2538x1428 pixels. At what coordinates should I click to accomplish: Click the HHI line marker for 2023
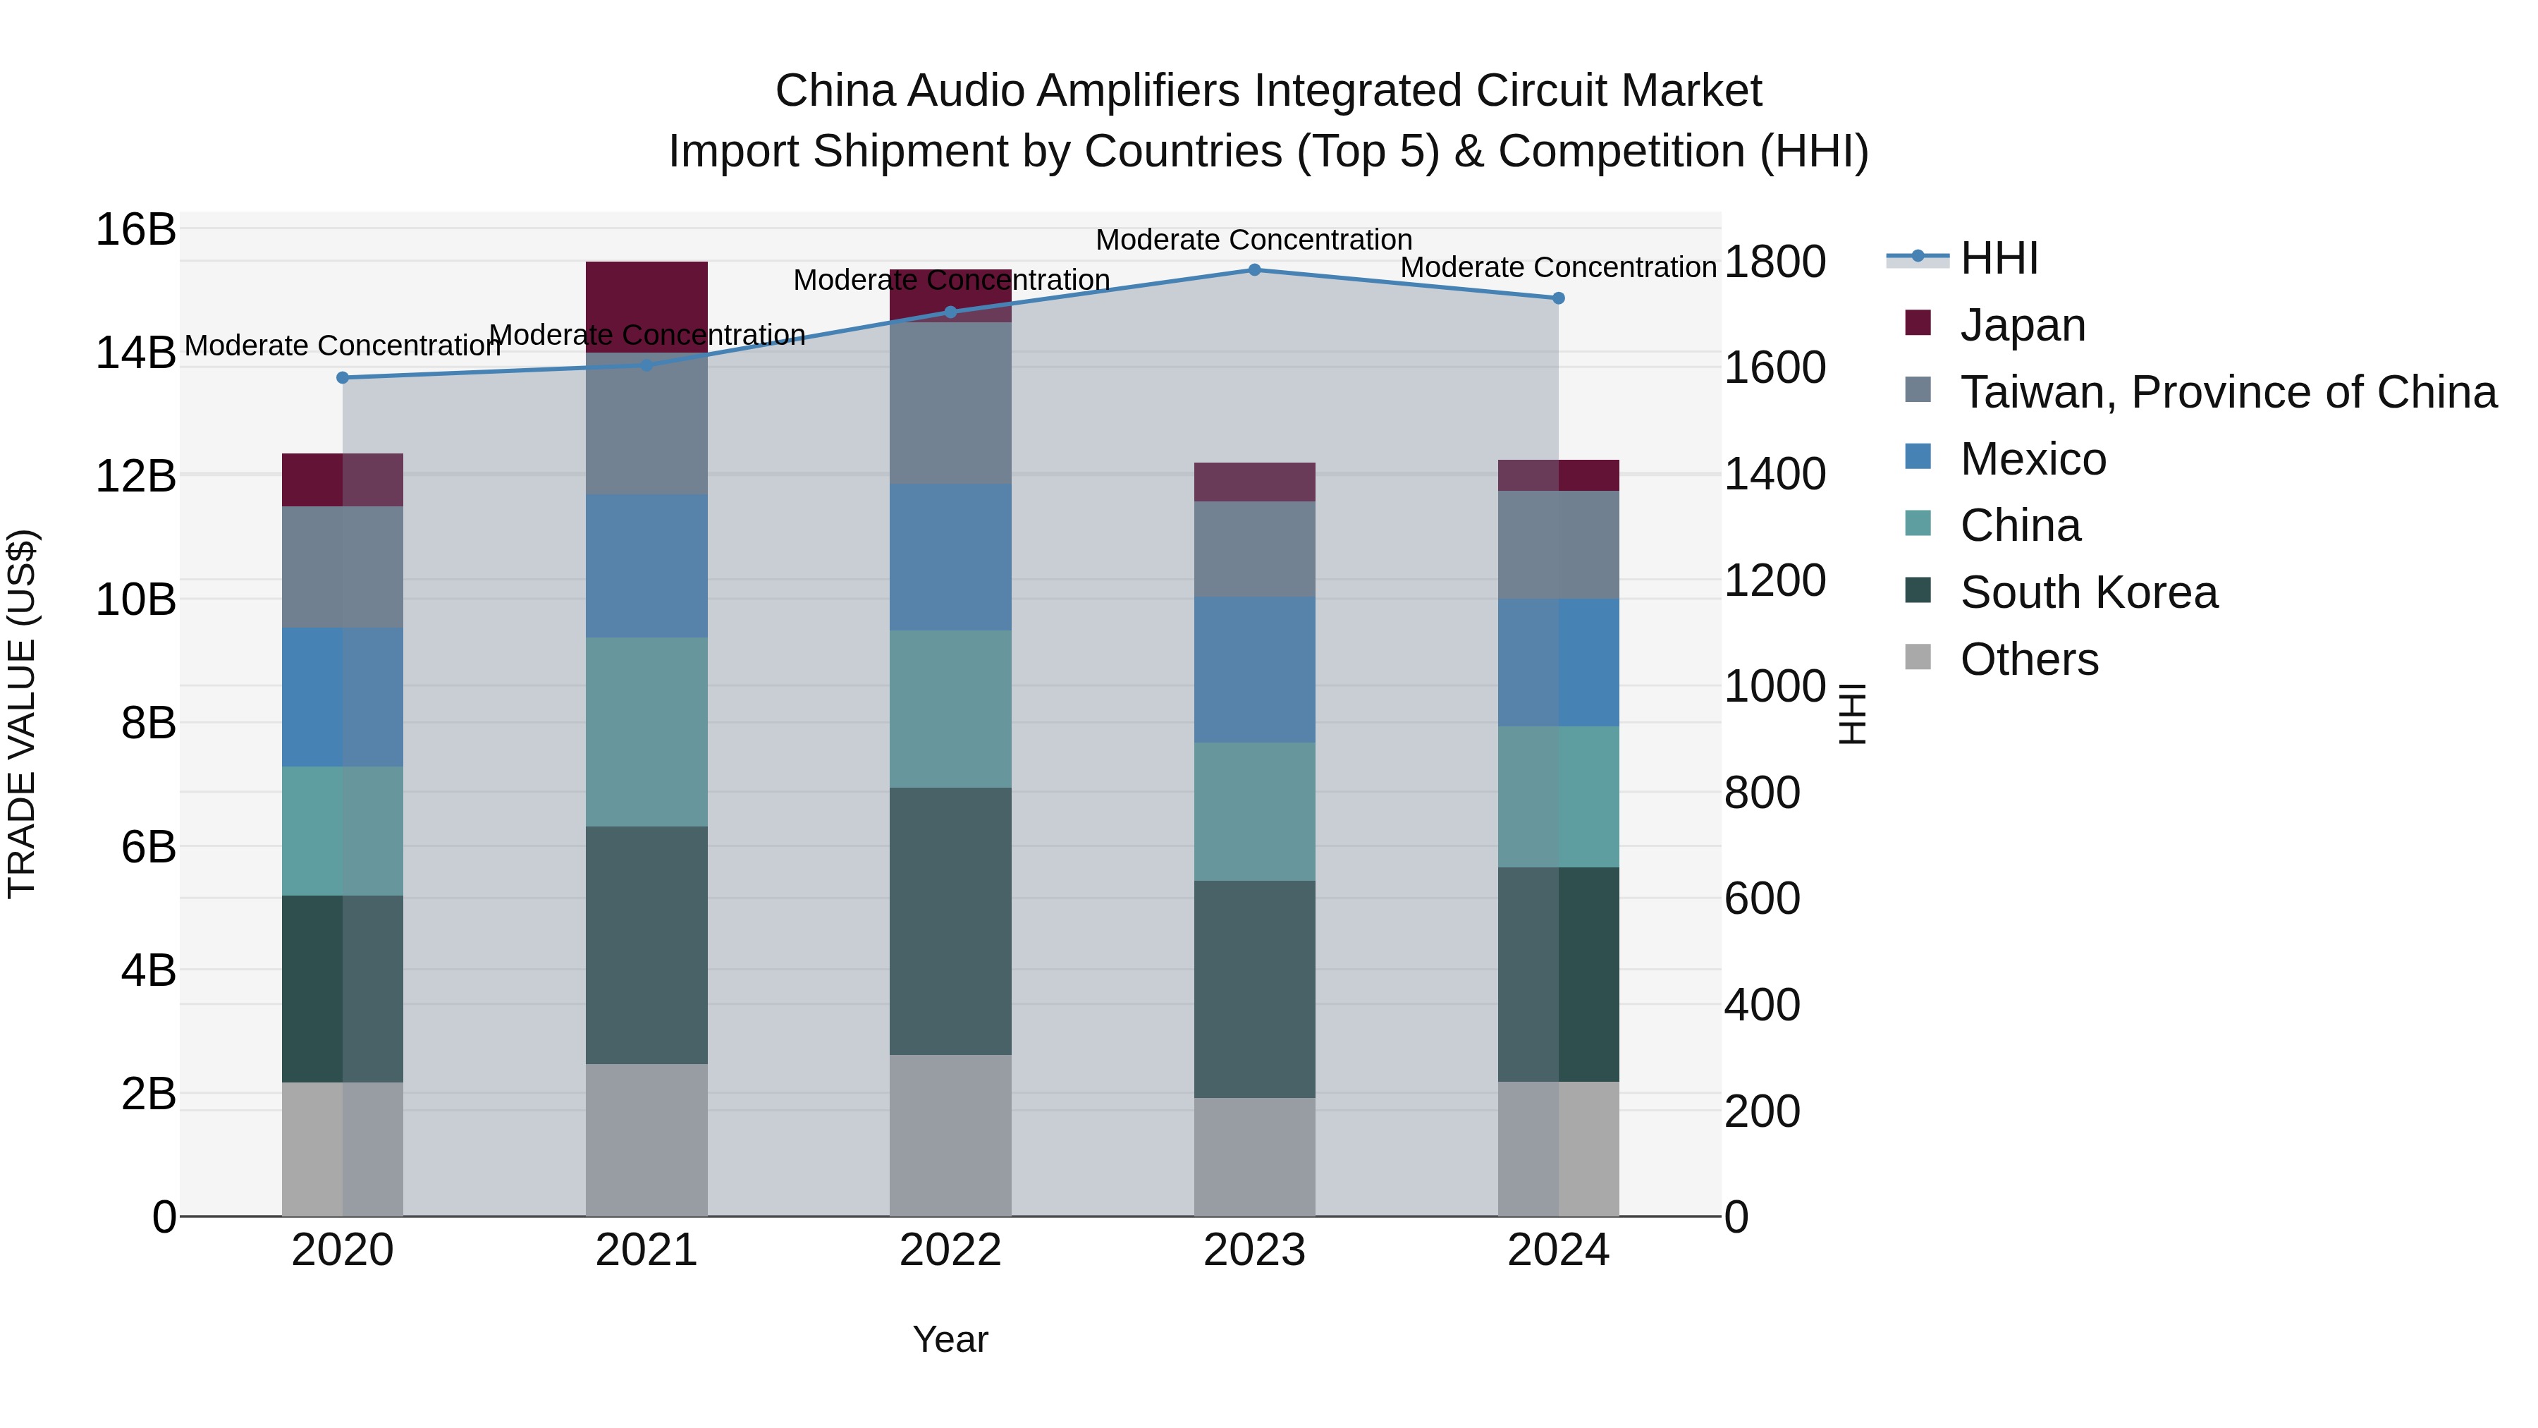point(1254,270)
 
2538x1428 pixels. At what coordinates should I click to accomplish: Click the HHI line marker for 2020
point(343,377)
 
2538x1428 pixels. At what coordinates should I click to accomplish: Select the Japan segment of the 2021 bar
point(646,307)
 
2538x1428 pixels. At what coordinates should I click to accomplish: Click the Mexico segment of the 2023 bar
point(1254,669)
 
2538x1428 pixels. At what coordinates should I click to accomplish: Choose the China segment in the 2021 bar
point(646,731)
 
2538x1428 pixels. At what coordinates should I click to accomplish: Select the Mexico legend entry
point(2033,459)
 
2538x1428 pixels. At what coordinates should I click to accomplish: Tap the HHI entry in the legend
point(1998,258)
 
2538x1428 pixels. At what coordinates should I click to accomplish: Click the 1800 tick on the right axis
point(1774,262)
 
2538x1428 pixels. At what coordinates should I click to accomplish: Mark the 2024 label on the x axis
point(1557,1250)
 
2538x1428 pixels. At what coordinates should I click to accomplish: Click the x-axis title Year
point(950,1339)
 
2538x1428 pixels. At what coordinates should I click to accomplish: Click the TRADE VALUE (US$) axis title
point(22,714)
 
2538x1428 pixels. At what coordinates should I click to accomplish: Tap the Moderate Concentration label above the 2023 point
point(1253,240)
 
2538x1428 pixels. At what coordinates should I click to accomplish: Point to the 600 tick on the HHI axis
point(1762,899)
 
